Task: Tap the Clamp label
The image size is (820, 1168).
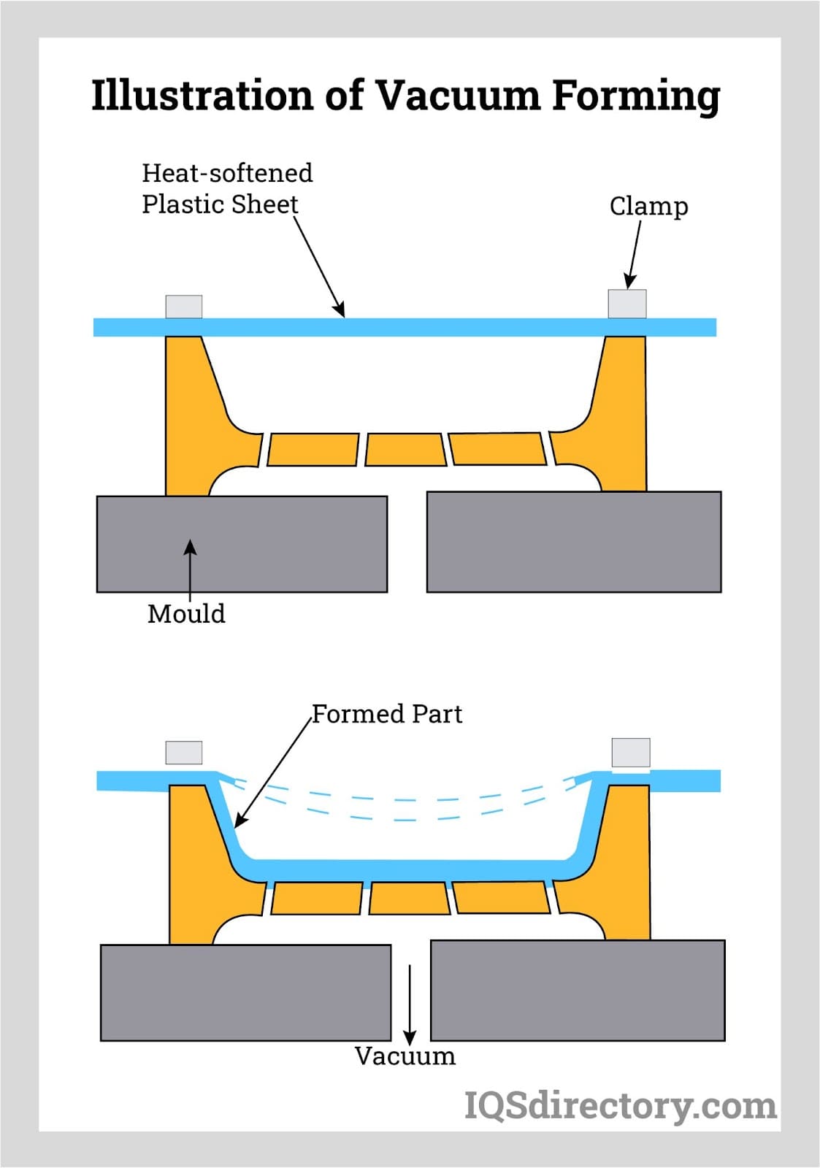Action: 648,207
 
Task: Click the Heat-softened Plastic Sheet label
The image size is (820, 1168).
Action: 226,188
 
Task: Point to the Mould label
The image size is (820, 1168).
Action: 186,614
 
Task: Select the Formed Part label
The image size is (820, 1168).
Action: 387,713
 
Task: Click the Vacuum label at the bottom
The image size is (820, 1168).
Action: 405,1056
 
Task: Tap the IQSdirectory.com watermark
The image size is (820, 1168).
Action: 620,1105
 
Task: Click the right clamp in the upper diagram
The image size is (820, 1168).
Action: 627,304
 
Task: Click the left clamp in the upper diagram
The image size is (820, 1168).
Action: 184,307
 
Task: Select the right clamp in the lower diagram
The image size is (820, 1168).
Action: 631,753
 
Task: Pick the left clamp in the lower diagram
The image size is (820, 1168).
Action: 184,753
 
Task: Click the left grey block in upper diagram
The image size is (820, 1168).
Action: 242,544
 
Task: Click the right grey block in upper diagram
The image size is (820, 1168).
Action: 574,541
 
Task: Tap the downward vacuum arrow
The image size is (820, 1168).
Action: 410,1004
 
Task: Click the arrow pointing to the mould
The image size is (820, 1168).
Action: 190,569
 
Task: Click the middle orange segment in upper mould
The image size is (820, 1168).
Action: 405,450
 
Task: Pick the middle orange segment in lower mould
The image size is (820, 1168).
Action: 409,898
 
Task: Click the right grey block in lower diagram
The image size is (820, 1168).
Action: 578,990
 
